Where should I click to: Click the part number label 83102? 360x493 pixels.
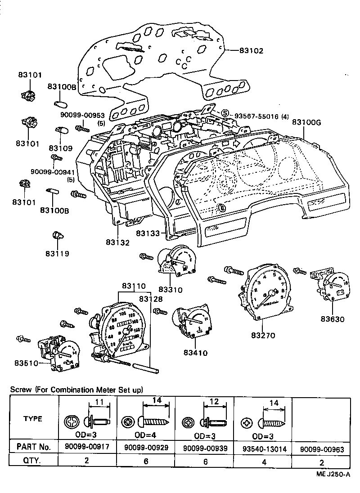250,51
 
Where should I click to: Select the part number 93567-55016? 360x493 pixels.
256,116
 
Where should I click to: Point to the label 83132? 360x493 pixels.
117,243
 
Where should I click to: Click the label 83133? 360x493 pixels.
149,234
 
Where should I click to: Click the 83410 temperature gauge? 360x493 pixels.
192,325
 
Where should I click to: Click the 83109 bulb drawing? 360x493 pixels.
61,132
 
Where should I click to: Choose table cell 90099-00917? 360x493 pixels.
87,448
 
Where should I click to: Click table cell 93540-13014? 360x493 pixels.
264,448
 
